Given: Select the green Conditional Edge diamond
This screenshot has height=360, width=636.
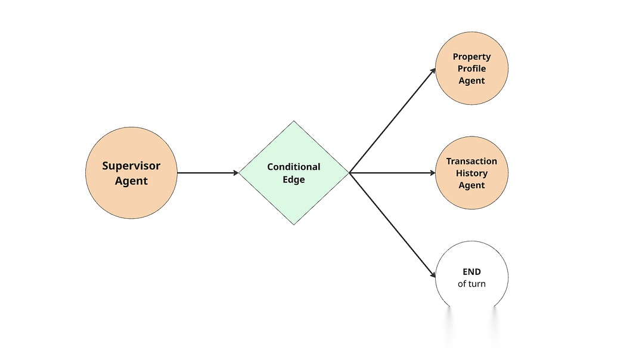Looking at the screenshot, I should pyautogui.click(x=294, y=197).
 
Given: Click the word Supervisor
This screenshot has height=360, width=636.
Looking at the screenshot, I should pyautogui.click(x=131, y=166).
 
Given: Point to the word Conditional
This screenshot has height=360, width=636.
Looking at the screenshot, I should pyautogui.click(x=294, y=167).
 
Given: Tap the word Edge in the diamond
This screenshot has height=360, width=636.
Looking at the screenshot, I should pyautogui.click(x=294, y=179).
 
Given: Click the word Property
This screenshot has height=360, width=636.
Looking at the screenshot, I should pyautogui.click(x=471, y=57).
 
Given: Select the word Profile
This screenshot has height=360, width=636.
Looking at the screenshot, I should pyautogui.click(x=471, y=69).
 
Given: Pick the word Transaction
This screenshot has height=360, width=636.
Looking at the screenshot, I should pyautogui.click(x=471, y=161).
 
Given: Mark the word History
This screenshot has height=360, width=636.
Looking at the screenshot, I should pyautogui.click(x=471, y=173).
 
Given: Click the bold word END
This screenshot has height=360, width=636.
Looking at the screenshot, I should pyautogui.click(x=471, y=272).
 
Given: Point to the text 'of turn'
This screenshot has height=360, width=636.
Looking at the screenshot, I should pyautogui.click(x=471, y=284).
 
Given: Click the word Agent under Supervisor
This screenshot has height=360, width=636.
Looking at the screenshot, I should pyautogui.click(x=131, y=181).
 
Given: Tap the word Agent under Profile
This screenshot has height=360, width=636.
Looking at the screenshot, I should pyautogui.click(x=471, y=80).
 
